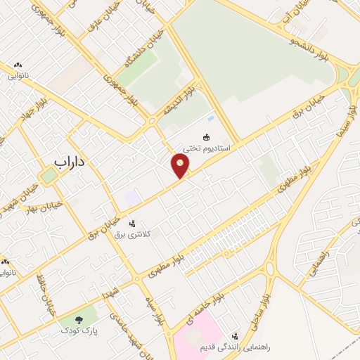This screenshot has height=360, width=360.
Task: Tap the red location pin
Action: tap(181, 165)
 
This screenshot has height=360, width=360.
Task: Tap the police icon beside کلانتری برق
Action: tap(132, 223)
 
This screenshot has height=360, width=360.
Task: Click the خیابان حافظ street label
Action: tap(45, 295)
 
